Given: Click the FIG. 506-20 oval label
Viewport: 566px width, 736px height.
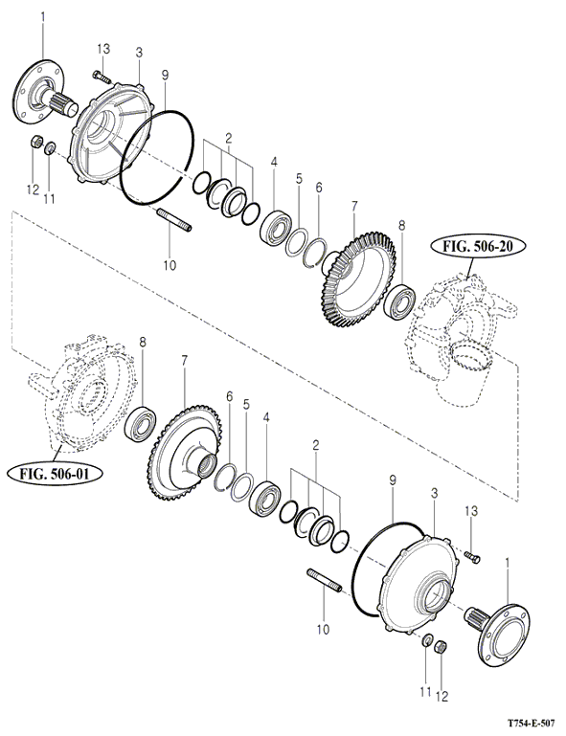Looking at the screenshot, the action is [477, 247].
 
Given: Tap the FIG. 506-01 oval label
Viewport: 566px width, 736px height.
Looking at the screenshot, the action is [56, 473].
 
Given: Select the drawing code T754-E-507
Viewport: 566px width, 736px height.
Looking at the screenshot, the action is [531, 722].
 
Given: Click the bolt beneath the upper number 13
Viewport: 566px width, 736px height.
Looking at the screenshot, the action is [102, 77].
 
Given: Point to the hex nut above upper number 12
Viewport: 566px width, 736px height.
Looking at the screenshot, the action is [36, 141].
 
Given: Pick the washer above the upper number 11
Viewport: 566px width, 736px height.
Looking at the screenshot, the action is [50, 148].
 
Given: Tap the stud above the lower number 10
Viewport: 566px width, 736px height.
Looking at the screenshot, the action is [324, 579].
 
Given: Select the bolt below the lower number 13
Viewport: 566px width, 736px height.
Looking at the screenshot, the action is [471, 556].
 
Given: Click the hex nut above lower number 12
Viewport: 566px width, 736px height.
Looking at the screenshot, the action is [441, 647].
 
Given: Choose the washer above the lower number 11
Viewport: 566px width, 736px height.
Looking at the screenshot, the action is [427, 640].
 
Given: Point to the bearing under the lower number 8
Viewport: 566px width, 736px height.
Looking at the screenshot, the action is [141, 423].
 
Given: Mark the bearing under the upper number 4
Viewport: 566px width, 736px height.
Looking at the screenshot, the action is [276, 227].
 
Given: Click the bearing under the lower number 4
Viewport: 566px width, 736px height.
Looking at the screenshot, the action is [265, 497].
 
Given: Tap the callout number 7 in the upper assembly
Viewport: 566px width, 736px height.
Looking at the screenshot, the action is [354, 206].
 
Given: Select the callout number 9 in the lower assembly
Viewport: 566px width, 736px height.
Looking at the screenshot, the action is [393, 480].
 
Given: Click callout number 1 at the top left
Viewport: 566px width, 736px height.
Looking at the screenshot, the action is [43, 18].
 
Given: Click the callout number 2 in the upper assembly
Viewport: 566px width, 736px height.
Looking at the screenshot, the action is [229, 139].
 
